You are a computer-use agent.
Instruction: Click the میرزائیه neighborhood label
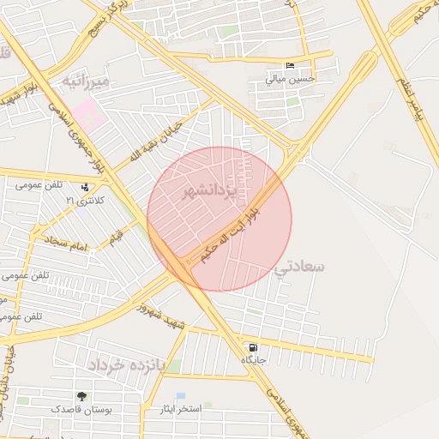(x=87, y=82)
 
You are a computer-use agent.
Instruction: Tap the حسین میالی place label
(x=291, y=79)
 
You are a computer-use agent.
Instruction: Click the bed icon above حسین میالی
(x=291, y=66)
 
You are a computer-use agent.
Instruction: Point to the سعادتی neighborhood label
(x=300, y=267)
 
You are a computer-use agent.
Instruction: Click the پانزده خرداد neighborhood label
(x=125, y=364)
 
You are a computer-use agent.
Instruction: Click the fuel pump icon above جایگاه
(x=253, y=347)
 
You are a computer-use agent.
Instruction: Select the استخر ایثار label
(x=180, y=409)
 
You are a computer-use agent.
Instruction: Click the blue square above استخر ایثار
(x=181, y=396)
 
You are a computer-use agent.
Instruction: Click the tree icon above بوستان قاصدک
(x=81, y=397)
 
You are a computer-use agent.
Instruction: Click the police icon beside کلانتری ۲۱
(x=85, y=187)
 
